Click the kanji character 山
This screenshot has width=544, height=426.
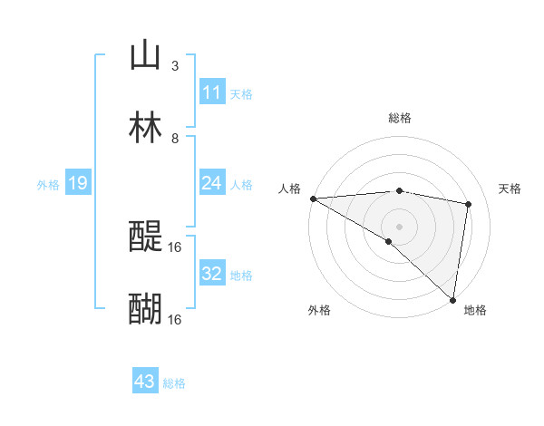click(146, 55)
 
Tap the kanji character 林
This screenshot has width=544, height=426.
click(146, 128)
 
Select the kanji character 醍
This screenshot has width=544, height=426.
click(146, 237)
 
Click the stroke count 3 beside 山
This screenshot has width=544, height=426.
click(175, 65)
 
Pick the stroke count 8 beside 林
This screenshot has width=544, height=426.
click(175, 138)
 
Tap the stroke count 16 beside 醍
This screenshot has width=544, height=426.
click(175, 247)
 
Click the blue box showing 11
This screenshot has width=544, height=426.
click(211, 92)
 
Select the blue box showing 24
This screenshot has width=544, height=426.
click(211, 184)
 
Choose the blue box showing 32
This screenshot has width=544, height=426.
click(211, 274)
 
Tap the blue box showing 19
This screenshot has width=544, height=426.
click(78, 184)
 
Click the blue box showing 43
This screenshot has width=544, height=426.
click(144, 382)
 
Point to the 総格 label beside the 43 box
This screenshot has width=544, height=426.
click(174, 383)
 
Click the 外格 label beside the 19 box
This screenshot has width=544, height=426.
click(48, 185)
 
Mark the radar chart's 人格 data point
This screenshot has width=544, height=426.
click(313, 198)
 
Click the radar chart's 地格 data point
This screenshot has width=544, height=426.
click(452, 299)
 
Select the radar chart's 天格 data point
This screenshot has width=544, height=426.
click(469, 204)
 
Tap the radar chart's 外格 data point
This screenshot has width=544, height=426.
click(389, 241)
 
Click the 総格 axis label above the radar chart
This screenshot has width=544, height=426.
click(400, 118)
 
